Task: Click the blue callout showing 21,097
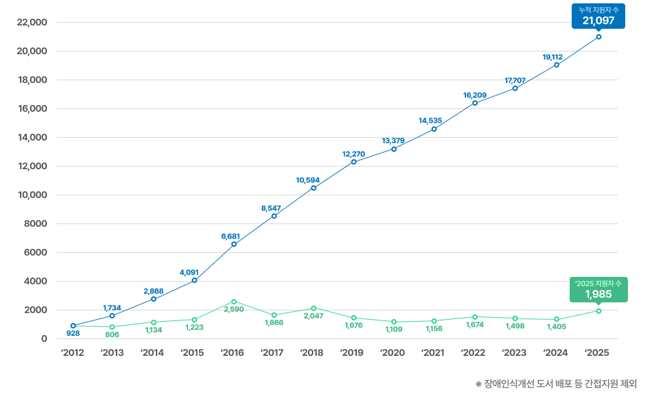(x=598, y=16)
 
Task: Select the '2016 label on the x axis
(x=233, y=353)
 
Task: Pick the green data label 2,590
(x=234, y=310)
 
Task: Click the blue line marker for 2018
(x=313, y=188)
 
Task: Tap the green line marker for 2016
(x=234, y=302)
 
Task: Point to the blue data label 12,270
(x=353, y=154)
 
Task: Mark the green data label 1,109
(x=394, y=329)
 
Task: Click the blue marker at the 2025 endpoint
(x=598, y=37)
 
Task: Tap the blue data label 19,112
(x=552, y=57)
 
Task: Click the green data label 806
(x=112, y=334)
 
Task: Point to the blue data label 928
(x=73, y=333)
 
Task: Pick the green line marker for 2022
(x=475, y=317)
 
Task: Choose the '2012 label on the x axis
(x=72, y=353)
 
